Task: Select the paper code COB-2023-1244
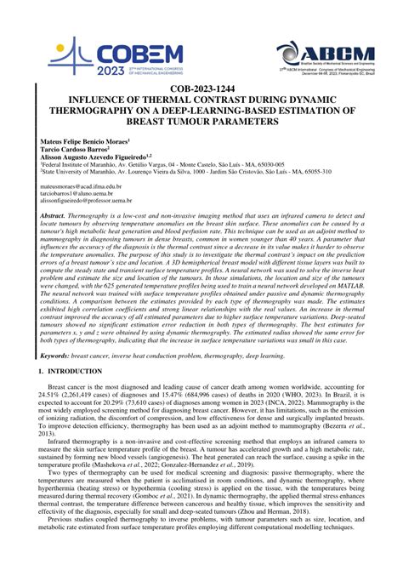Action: (x=201, y=88)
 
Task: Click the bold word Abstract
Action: (x=52, y=219)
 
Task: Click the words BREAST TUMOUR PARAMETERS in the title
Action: (x=201, y=122)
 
